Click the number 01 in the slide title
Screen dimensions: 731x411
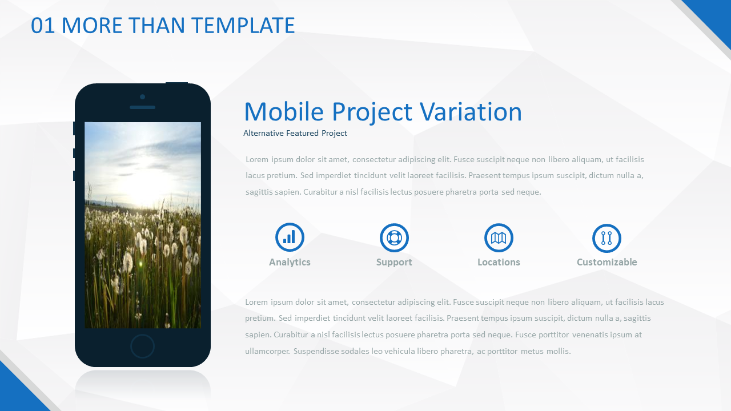coord(42,26)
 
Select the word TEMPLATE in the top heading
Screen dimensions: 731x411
coord(243,26)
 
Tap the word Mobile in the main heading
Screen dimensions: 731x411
coord(284,111)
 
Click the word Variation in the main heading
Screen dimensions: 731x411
coord(471,111)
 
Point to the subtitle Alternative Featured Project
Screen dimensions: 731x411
coord(295,133)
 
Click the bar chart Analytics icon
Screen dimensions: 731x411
coord(290,237)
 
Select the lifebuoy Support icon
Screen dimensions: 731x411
coord(394,238)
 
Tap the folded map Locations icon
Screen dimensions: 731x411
coord(499,238)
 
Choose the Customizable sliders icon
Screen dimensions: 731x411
coord(607,238)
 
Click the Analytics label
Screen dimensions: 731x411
coord(290,262)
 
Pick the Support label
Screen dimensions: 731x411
coord(394,262)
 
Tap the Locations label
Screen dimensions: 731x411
coord(499,262)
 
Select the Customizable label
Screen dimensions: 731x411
coord(607,262)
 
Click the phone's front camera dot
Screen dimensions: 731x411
coord(142,97)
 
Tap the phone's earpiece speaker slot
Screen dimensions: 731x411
coord(142,107)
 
